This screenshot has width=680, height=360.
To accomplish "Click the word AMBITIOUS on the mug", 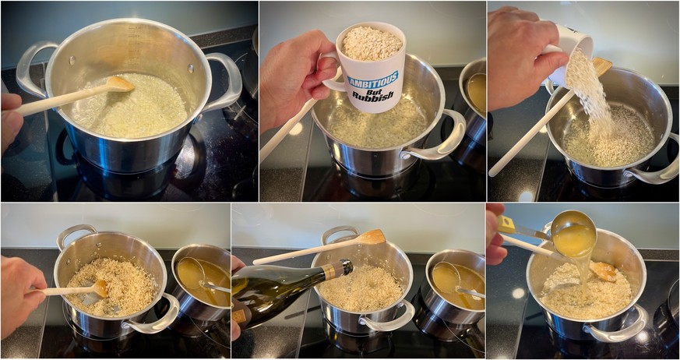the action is coord(372,80).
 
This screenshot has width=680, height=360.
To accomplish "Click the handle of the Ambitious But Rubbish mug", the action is coord(328,69).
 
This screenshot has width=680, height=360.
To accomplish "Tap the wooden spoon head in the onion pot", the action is coord(120,83).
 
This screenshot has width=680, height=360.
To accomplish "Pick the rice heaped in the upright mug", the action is coord(372,44).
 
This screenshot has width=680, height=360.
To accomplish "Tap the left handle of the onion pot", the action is coord(33,65).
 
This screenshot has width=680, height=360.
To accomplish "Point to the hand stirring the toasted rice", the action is coord(21,295).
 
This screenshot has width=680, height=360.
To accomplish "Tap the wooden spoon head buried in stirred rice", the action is coord(100,288).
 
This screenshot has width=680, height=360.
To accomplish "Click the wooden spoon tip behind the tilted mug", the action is coord(602,67).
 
